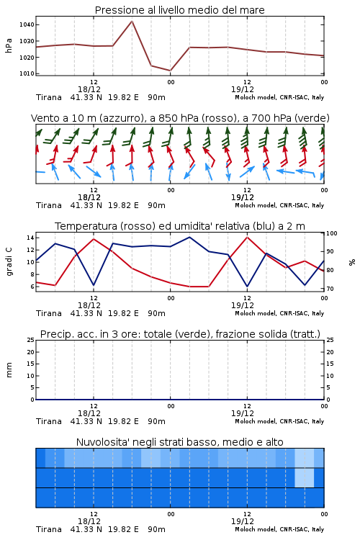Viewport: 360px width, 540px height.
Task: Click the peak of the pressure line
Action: click(x=132, y=21)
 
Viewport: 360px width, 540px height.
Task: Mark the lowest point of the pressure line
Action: click(x=170, y=71)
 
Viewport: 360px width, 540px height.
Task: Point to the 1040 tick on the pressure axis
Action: click(x=27, y=24)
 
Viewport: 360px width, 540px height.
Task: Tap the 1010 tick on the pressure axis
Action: click(x=27, y=73)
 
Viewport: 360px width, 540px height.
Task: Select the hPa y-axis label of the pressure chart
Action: click(x=9, y=45)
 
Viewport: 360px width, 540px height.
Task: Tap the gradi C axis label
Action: click(x=9, y=261)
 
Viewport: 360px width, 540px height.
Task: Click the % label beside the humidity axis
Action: click(x=352, y=262)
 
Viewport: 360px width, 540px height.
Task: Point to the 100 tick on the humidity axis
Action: click(x=331, y=233)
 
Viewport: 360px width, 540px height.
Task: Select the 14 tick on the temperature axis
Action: click(x=30, y=238)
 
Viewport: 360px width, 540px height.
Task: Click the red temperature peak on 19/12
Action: click(x=248, y=238)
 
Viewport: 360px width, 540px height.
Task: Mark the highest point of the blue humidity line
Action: click(x=189, y=237)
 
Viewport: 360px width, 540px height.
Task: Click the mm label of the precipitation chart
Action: click(x=9, y=370)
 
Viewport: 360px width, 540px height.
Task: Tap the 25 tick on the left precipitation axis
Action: click(x=31, y=341)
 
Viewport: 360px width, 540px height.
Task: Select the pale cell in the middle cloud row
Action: click(x=305, y=477)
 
